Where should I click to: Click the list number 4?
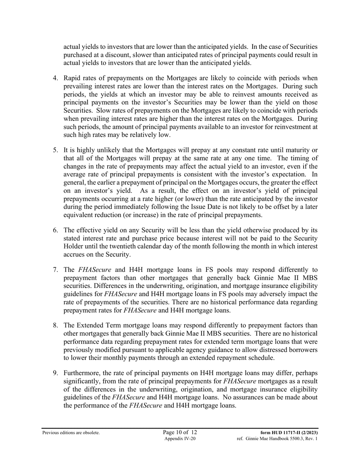click(55, 78)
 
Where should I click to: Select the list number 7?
click(55, 270)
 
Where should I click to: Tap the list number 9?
click(55, 374)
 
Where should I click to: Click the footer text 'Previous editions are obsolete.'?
click(71, 433)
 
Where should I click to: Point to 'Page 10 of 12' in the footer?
click(180, 432)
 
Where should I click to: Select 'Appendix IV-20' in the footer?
click(180, 439)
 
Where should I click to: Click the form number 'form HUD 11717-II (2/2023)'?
click(289, 433)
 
